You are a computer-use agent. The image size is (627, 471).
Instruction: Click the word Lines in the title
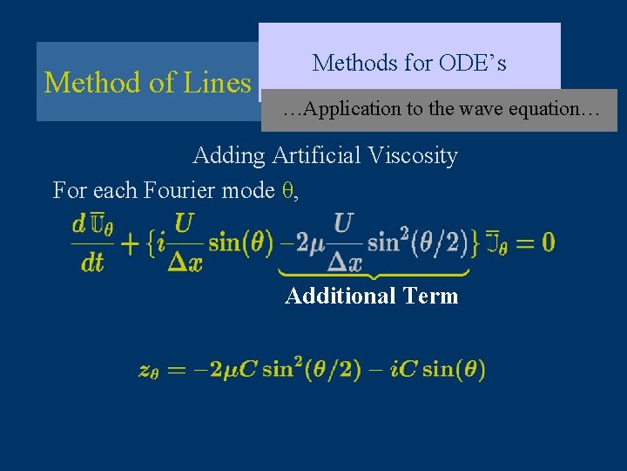[218, 82]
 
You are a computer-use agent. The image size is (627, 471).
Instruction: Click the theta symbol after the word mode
[291, 190]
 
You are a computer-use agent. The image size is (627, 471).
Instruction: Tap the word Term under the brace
[426, 297]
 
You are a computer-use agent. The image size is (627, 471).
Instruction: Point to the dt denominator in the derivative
[92, 262]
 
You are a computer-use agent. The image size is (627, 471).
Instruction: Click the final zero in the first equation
[547, 242]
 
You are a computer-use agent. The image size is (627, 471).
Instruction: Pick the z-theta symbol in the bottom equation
[148, 370]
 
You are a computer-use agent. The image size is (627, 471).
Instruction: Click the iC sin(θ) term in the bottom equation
[441, 369]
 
